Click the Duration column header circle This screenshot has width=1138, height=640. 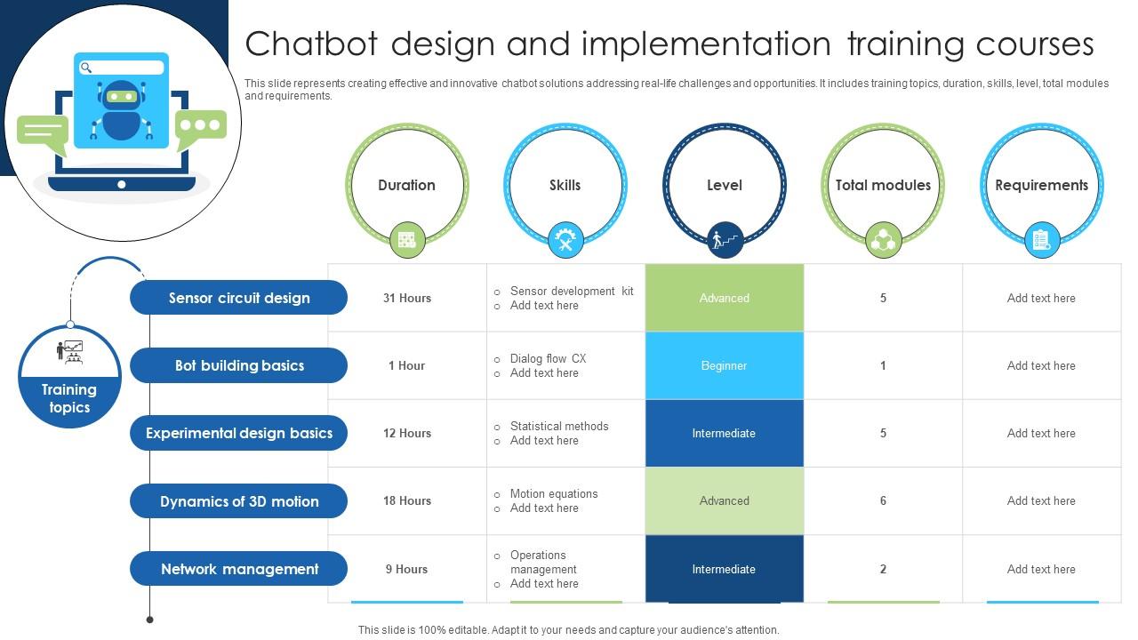406,185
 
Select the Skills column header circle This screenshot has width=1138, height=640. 565,185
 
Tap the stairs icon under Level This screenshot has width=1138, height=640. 725,240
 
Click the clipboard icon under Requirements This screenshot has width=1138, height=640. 1041,240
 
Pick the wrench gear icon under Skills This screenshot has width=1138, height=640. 565,240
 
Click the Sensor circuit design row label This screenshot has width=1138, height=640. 239,298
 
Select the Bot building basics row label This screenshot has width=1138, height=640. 239,365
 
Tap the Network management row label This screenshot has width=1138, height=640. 239,569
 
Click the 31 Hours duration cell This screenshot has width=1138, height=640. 407,298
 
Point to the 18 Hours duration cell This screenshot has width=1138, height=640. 407,500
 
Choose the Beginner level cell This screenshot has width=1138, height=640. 724,365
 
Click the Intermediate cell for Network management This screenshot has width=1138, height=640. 724,569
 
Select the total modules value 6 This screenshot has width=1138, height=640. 883,500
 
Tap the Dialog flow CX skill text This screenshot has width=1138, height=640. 548,358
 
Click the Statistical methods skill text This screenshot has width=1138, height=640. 558,426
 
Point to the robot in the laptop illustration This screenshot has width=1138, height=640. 122,110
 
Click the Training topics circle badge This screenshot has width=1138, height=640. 69,378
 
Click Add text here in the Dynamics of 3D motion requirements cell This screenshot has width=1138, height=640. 1041,500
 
